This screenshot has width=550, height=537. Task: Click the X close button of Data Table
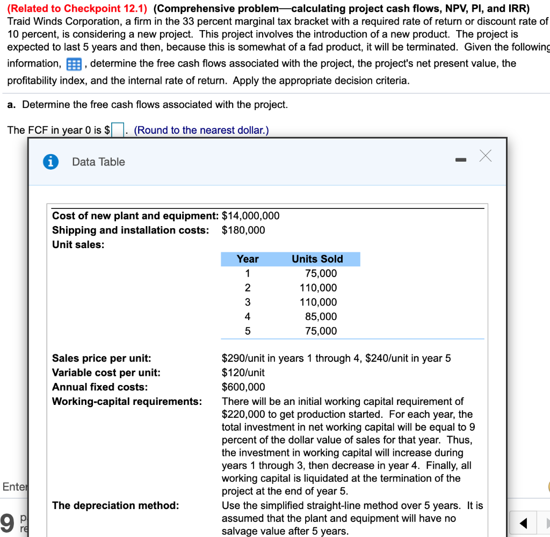point(485,156)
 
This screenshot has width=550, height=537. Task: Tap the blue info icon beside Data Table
point(51,162)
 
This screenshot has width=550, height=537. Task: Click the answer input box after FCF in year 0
point(118,130)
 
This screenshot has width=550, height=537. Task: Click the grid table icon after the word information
point(73,64)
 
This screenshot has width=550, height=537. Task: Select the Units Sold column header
point(317,259)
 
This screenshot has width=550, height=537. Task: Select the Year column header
point(248,259)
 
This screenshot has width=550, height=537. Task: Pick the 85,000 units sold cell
point(321,316)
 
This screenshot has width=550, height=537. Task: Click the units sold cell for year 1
point(321,273)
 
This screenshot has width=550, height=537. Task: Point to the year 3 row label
point(248,302)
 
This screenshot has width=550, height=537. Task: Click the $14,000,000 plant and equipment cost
point(250,216)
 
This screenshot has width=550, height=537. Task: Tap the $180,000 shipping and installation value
point(243,230)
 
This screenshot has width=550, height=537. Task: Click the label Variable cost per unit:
point(106,372)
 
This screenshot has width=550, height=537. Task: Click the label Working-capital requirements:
point(127,401)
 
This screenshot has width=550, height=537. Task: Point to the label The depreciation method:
point(115,505)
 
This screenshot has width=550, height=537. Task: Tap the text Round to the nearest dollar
point(201,130)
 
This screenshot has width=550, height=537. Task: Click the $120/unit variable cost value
point(243,372)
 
